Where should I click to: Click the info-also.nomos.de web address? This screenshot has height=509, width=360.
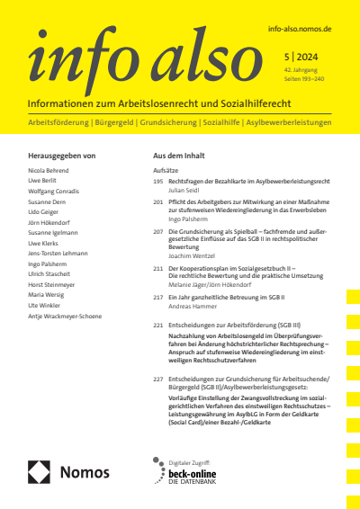[300, 30]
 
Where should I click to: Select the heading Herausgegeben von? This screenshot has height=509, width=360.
[62, 156]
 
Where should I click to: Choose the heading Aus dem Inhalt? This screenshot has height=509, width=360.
[183, 156]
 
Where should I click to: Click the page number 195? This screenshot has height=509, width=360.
[158, 181]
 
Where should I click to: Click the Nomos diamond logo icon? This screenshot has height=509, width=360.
[40, 472]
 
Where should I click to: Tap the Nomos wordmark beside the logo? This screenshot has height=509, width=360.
[85, 472]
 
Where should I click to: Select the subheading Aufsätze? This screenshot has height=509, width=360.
[166, 169]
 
